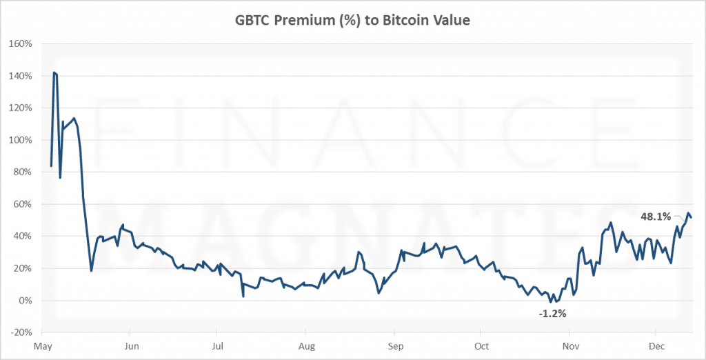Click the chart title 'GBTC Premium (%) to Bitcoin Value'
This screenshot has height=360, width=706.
click(352, 21)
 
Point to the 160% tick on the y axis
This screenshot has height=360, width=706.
click(22, 43)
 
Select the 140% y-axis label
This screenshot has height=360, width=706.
click(22, 76)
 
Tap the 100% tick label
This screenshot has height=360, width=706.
click(22, 140)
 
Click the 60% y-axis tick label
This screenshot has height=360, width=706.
click(24, 204)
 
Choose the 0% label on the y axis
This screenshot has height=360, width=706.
click(27, 301)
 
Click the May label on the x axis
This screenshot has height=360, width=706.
click(43, 345)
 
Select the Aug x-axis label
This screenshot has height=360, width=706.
click(307, 345)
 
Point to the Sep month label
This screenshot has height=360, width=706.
click(394, 345)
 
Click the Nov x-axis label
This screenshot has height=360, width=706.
click(570, 345)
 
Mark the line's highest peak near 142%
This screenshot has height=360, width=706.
click(54, 72)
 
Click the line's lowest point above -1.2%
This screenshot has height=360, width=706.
click(550, 302)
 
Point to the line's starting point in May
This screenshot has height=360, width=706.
click(51, 166)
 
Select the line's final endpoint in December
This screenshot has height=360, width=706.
click(692, 218)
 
